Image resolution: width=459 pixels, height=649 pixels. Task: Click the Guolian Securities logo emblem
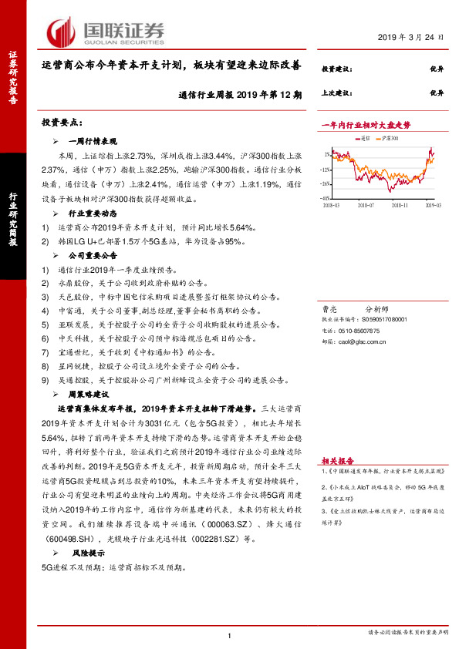(61, 32)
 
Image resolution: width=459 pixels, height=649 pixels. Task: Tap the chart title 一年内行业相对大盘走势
(366, 124)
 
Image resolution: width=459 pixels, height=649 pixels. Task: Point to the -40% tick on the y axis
(327, 198)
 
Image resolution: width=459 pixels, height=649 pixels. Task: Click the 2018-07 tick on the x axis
(365, 206)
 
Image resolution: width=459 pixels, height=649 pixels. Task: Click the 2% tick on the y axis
(329, 153)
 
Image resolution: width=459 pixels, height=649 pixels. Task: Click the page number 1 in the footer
(230, 635)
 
